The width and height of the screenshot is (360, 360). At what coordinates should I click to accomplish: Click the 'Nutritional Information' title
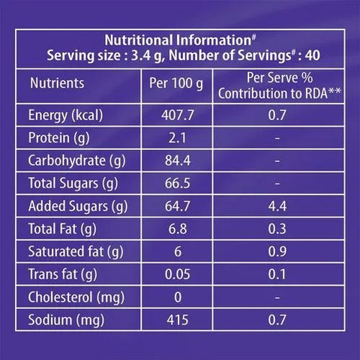coord(178,40)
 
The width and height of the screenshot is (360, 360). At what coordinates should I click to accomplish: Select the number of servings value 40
coord(313,55)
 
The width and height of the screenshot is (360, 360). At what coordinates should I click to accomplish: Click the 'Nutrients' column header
coord(57,83)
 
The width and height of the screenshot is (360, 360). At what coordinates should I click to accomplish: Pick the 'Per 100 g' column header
coord(176,83)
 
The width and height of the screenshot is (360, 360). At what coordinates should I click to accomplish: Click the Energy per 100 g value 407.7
coord(178,115)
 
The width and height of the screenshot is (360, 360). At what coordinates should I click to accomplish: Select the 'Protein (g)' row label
coord(59,138)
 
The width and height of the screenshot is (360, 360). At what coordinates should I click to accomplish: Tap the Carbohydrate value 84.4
coord(178,160)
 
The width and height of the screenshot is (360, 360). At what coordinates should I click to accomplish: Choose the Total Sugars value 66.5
coord(178,183)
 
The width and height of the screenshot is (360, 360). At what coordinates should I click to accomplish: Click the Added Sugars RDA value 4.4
coord(277,206)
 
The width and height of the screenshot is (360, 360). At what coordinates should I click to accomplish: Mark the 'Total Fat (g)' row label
coord(62,229)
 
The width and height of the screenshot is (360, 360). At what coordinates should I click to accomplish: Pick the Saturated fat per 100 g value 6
coord(178,251)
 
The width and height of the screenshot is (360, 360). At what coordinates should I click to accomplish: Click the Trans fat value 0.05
coord(178,274)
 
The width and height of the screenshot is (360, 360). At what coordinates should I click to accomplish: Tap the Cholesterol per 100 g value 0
coord(178,297)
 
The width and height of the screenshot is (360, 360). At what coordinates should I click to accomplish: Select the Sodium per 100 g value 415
coord(178,320)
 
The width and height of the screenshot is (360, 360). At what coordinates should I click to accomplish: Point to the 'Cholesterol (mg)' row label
coord(76,298)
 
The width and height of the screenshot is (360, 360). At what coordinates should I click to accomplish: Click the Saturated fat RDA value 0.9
coord(277,251)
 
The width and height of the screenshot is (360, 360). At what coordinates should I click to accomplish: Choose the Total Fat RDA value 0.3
coord(277,229)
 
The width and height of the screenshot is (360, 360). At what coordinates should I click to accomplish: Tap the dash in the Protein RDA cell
coord(277,138)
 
